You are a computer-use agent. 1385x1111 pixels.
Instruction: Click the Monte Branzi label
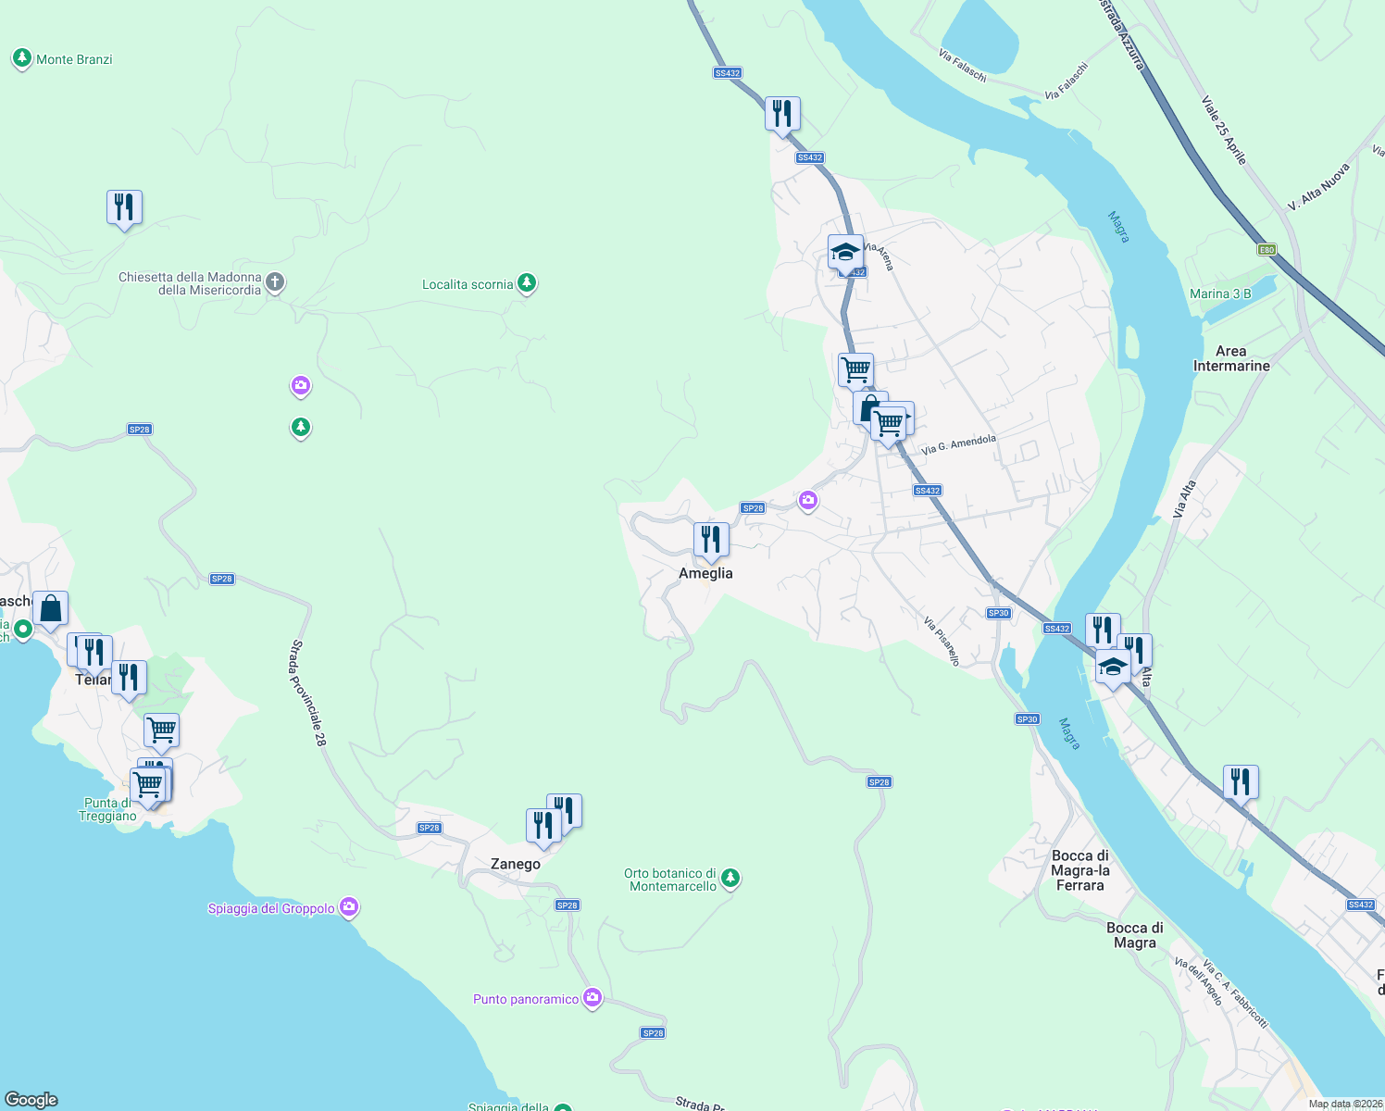click(74, 59)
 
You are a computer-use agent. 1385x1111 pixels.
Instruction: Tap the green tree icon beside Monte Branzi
click(22, 58)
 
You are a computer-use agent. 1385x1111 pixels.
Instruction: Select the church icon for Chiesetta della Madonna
click(275, 282)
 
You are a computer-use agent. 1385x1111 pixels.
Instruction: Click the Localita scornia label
click(468, 284)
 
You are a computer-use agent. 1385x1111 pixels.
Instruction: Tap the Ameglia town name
click(705, 573)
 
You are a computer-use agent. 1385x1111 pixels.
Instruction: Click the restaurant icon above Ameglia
click(711, 540)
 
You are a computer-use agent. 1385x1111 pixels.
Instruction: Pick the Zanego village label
click(516, 864)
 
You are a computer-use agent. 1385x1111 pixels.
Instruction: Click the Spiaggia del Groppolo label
click(271, 908)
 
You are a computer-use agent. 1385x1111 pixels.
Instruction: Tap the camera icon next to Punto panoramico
click(593, 998)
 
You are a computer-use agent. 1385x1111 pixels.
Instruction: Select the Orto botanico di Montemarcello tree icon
click(730, 877)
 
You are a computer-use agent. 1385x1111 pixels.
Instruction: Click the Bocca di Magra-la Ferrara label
click(1080, 870)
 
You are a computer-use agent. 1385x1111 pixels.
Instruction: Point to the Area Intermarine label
click(1231, 358)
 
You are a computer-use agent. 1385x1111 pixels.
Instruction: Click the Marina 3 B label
click(1220, 293)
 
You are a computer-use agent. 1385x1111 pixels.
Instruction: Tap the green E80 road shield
click(1266, 250)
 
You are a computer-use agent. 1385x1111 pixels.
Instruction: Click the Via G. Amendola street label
click(959, 444)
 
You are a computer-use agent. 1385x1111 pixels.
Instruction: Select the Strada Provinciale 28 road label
click(308, 693)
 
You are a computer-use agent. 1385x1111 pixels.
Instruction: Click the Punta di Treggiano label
click(108, 809)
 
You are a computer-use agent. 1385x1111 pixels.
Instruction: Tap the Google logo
click(31, 1099)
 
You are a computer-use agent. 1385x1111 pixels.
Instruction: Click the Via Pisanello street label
click(942, 641)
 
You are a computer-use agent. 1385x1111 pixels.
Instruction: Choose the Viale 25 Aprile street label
click(1224, 131)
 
